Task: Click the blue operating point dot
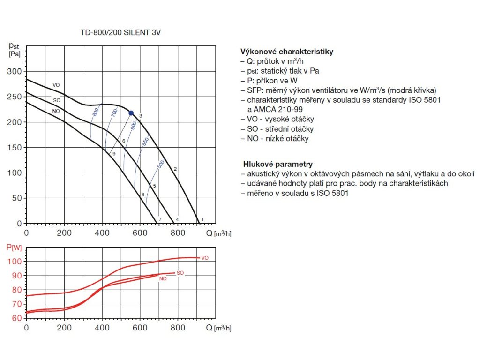click(x=131, y=113)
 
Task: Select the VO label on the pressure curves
click(x=56, y=85)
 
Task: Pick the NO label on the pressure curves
click(x=56, y=111)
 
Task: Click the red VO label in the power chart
click(x=204, y=258)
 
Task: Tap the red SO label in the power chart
click(x=180, y=272)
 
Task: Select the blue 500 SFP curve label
click(x=160, y=165)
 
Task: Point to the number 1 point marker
click(x=202, y=219)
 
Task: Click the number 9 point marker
click(x=114, y=153)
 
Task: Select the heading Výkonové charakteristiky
click(x=286, y=52)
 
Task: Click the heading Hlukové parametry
click(x=277, y=164)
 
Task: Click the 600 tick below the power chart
click(x=140, y=328)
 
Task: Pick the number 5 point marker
click(x=154, y=186)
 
